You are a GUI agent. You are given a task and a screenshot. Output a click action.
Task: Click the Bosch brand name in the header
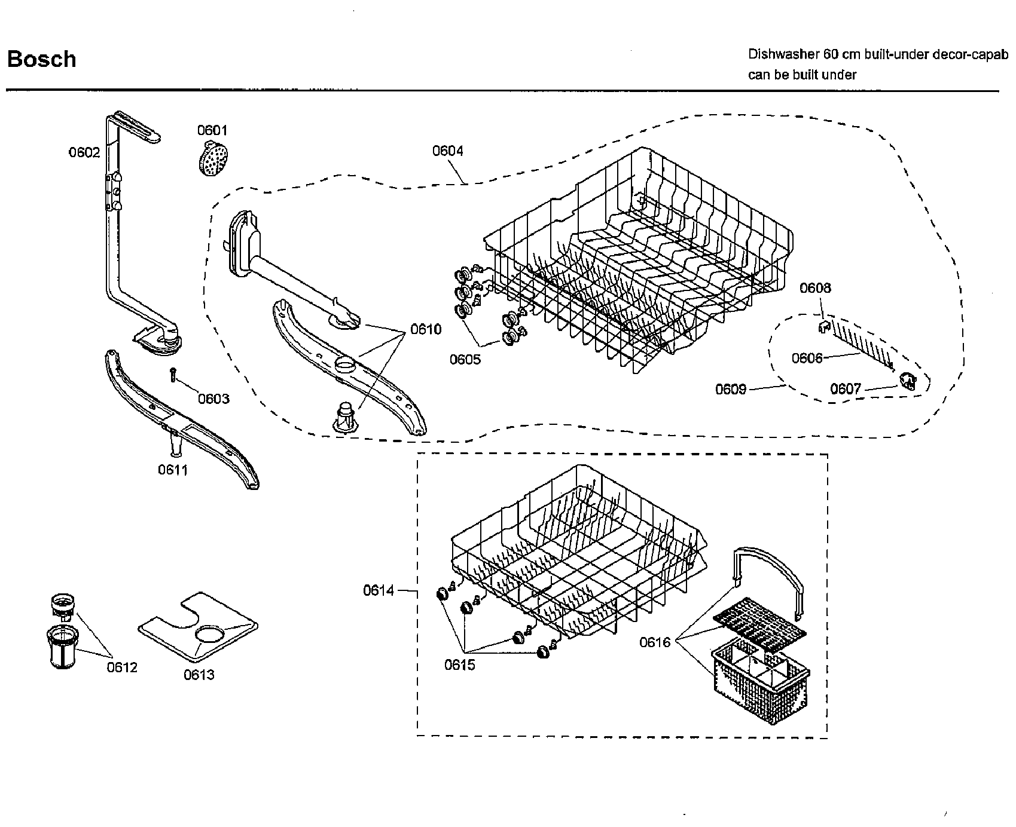41,59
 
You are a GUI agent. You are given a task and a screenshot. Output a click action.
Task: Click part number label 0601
212,130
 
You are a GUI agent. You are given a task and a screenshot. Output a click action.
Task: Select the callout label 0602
84,152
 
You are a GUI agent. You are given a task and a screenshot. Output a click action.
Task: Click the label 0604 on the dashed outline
448,151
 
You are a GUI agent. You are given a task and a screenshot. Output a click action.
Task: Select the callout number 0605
465,359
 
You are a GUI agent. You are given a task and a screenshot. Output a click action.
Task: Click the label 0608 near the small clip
815,288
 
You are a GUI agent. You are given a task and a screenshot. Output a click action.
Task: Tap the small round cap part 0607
908,380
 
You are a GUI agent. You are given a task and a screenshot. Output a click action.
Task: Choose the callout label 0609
731,390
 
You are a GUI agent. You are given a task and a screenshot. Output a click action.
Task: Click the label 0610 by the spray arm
426,329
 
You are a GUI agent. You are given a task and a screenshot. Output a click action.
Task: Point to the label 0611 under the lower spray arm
173,470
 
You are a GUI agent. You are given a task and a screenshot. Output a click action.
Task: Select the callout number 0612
122,667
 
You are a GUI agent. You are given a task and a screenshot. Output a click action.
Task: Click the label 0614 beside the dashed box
379,590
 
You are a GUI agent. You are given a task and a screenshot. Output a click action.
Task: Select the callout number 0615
459,664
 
